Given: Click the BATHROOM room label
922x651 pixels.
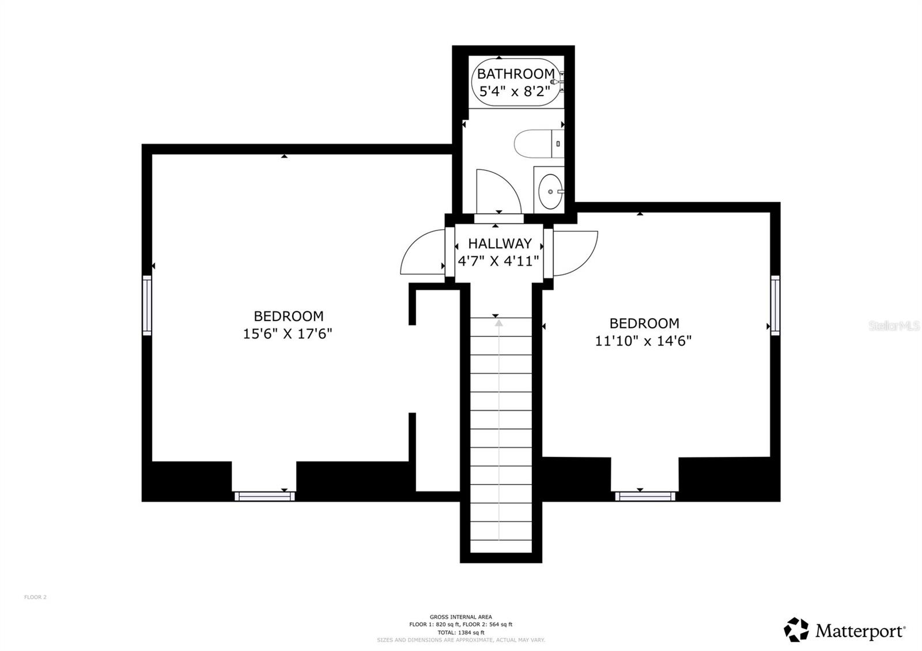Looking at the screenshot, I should tap(515, 74).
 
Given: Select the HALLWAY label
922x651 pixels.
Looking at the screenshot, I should tap(499, 244).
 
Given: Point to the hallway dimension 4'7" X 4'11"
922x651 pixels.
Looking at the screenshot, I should tap(498, 261).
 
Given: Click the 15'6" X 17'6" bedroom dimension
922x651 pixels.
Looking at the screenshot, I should tap(288, 334).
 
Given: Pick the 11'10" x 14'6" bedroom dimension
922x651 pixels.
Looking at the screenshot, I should tap(643, 340).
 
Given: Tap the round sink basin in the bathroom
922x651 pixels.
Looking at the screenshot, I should tap(550, 191).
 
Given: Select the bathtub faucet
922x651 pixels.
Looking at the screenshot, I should tap(558, 82).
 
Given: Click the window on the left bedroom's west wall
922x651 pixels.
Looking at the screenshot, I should tap(148, 305).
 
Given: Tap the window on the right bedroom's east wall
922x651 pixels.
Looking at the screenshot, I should tap(775, 305).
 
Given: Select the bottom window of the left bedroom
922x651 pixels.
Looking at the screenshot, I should tap(264, 495).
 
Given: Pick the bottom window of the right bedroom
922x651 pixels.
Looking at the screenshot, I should tap(645, 495).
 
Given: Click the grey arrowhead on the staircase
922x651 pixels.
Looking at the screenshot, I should tap(498, 324).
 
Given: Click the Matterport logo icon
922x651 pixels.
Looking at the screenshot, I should tap(796, 630).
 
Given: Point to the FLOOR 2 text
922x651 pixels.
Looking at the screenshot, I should tap(35, 597).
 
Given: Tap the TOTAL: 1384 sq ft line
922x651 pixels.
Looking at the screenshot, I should tap(461, 632).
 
